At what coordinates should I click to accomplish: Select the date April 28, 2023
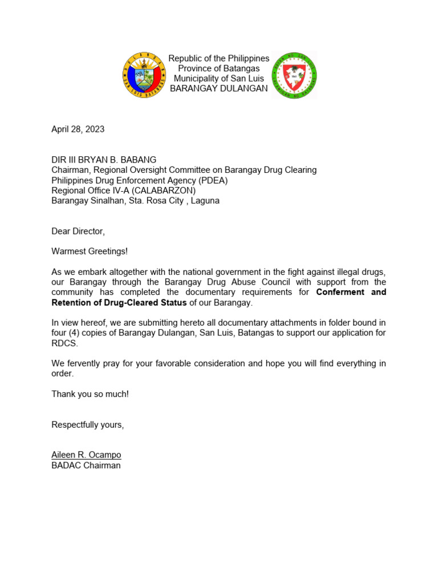[x=78, y=129]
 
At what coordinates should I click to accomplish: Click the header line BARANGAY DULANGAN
[x=219, y=89]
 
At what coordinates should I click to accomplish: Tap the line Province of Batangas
[x=219, y=68]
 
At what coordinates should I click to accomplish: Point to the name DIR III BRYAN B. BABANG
[x=104, y=160]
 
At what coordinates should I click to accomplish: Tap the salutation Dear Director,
[x=78, y=231]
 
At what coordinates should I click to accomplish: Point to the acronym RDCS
[x=63, y=343]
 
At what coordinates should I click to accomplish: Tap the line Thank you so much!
[x=90, y=394]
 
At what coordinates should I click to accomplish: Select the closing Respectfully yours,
[x=88, y=425]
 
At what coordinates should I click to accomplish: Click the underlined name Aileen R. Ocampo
[x=86, y=455]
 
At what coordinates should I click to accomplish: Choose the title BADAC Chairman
[x=86, y=465]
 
